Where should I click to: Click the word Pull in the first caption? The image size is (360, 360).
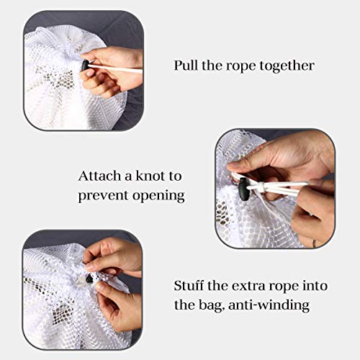pos(186,66)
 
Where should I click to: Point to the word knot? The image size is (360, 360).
pos(150,176)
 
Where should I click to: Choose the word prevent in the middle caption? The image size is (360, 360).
pos(104,196)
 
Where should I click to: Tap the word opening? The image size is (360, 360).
pos(158,197)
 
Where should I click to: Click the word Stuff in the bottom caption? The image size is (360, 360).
pos(189,286)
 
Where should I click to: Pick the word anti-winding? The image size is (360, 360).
pos(269,305)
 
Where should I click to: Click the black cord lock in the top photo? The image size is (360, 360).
pos(85,66)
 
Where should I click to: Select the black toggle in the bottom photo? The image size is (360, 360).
pos(89,279)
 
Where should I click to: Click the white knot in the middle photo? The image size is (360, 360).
pos(261,186)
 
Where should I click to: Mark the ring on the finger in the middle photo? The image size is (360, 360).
pos(314,244)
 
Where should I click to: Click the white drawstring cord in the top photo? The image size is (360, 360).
pos(116,68)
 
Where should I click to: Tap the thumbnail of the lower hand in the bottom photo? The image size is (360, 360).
pos(100,286)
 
